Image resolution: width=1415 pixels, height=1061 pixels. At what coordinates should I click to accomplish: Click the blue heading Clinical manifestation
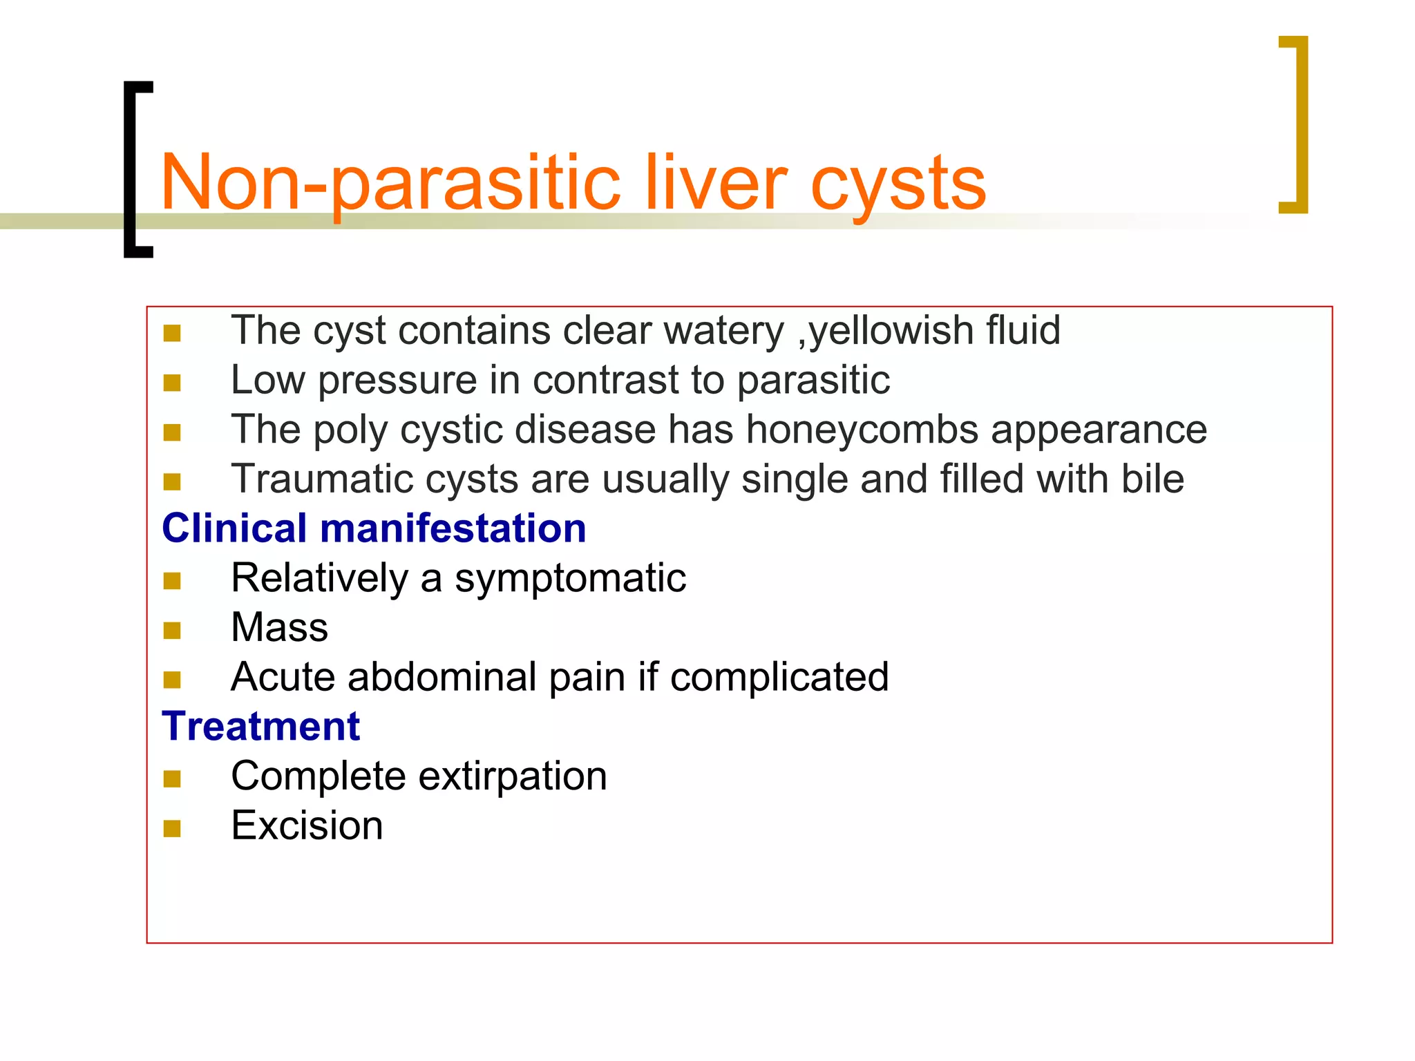point(374,528)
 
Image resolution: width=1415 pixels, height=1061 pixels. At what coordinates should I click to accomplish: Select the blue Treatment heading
point(260,727)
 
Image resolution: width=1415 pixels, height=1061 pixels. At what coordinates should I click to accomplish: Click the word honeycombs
point(862,430)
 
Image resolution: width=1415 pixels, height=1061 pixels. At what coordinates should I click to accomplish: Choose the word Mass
point(279,627)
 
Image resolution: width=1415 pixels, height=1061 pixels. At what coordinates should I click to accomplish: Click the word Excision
point(307,825)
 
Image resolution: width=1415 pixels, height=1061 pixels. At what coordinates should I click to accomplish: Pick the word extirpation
point(513,776)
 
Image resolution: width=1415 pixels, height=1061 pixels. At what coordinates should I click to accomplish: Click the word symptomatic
point(570,578)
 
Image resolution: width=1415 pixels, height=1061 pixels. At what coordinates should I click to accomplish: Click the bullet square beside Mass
point(172,630)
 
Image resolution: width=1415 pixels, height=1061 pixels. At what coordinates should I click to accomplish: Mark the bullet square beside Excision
point(172,828)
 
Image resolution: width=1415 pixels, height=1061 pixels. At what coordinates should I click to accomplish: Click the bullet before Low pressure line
point(172,383)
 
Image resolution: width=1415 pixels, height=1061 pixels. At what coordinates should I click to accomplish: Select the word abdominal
point(442,677)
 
